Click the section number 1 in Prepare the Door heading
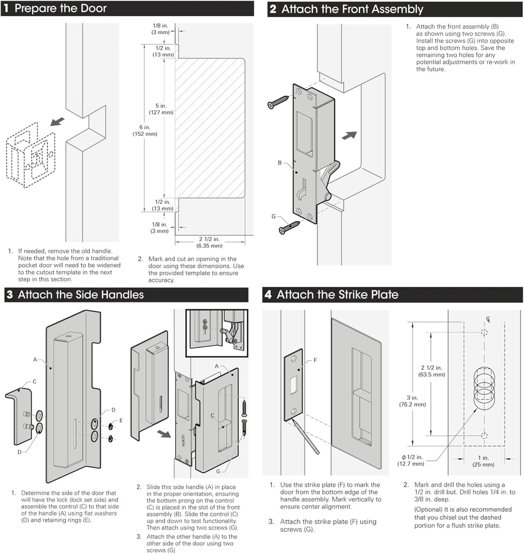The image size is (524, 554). tap(6, 9)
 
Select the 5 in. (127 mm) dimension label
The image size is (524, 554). tap(161, 109)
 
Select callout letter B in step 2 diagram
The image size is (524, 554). tap(280, 162)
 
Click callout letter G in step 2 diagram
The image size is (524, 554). tap(274, 216)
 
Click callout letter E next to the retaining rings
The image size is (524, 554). tap(121, 420)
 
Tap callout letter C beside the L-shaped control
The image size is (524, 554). tap(34, 381)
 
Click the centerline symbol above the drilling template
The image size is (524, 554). tap(488, 319)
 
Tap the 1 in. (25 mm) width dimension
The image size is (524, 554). tap(483, 461)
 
